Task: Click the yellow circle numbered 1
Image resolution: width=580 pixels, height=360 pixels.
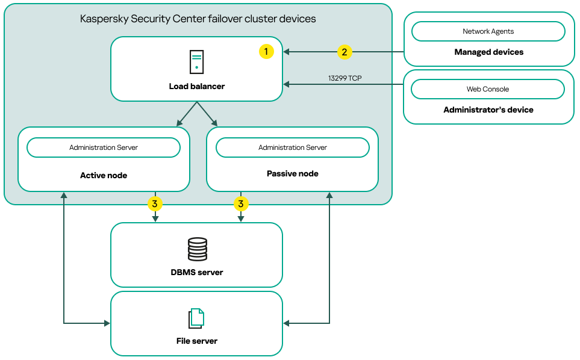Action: click(x=266, y=52)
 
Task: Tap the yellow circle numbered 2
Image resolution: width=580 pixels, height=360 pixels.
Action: click(x=344, y=52)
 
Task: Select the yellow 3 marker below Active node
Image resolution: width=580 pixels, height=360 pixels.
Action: click(x=155, y=204)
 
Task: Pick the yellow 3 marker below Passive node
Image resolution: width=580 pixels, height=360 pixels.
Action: click(x=240, y=204)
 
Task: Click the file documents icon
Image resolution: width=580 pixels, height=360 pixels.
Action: click(x=196, y=318)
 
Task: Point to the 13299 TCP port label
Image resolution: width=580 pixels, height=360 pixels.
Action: click(x=345, y=78)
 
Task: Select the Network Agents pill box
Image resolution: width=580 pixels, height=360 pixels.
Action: click(x=488, y=31)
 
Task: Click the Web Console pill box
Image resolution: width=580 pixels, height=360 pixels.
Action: click(x=488, y=89)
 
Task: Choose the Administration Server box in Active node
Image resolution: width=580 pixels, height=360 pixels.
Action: click(x=104, y=147)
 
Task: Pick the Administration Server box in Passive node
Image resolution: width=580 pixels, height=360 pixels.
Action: click(x=292, y=147)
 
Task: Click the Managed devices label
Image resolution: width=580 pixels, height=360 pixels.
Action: click(x=488, y=52)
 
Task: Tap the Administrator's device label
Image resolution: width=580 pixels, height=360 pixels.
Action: click(x=488, y=110)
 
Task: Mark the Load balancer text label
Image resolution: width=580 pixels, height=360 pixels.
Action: click(x=196, y=87)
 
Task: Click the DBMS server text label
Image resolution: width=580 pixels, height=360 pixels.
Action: click(x=196, y=272)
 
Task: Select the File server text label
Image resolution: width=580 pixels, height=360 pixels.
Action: click(x=196, y=341)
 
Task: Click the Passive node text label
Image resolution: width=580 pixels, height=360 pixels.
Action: click(x=292, y=173)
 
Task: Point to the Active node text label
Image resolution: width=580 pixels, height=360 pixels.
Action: click(x=104, y=176)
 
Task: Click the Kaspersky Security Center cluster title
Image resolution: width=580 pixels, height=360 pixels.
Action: click(x=198, y=19)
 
